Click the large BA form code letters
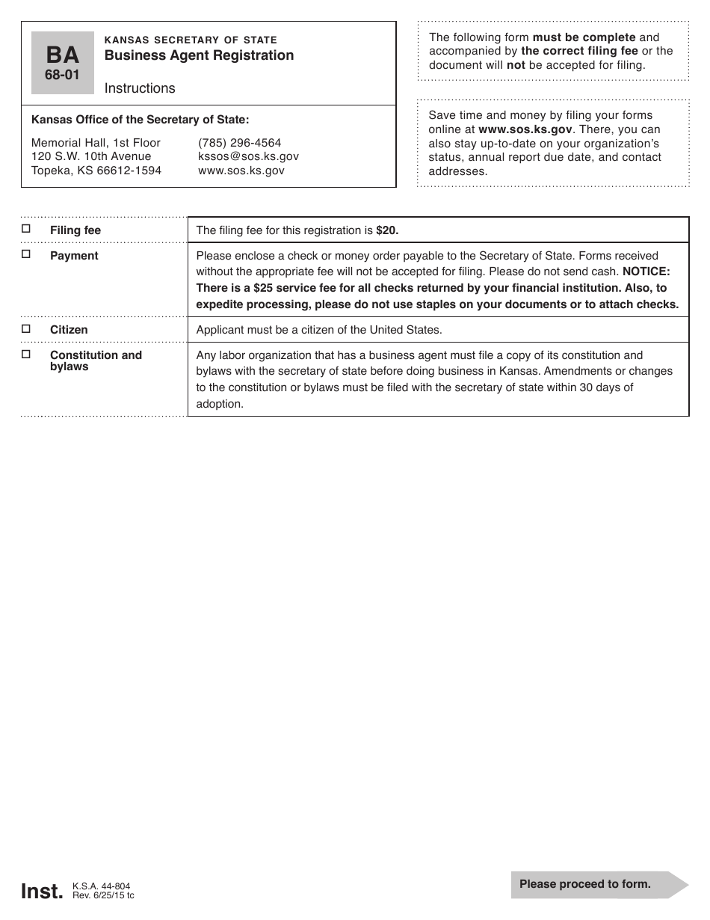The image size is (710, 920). click(63, 55)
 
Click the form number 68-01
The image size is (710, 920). click(63, 75)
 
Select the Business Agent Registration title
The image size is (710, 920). click(199, 55)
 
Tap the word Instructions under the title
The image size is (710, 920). click(140, 88)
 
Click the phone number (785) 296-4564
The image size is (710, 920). click(240, 143)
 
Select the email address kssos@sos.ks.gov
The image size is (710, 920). click(248, 156)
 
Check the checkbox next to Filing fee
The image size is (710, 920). click(26, 229)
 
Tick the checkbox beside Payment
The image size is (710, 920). click(26, 254)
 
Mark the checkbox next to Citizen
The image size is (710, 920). click(26, 328)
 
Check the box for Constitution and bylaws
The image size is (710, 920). click(26, 354)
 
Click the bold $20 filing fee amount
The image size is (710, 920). click(387, 230)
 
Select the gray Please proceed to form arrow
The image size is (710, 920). click(598, 884)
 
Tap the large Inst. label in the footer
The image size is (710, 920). click(43, 891)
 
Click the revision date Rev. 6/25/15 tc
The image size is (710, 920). click(103, 895)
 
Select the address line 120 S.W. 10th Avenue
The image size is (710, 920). click(91, 156)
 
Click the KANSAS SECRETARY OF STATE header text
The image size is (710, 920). click(191, 40)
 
